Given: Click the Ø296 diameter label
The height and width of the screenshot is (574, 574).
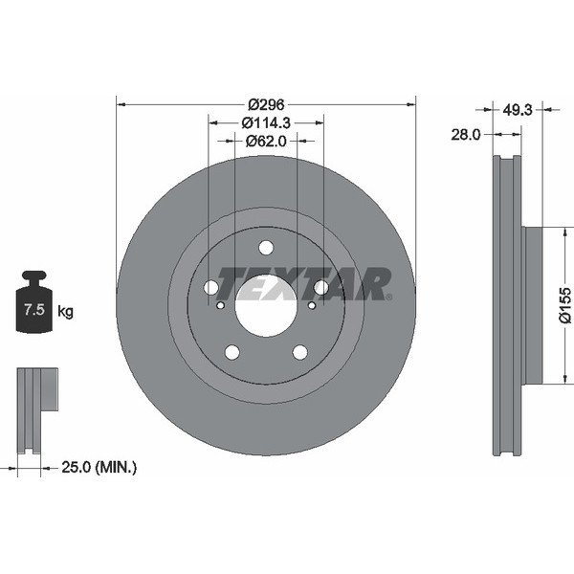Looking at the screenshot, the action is point(266,105).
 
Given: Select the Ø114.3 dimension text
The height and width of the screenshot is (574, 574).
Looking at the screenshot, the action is point(266,123).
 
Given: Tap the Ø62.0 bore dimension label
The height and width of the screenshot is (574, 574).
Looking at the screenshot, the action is point(266,141).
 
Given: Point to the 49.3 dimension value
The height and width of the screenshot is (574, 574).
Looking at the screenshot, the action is point(517,109).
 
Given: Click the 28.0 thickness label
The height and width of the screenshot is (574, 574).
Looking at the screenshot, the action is point(465,135).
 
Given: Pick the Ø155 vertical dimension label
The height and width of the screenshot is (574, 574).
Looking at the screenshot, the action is point(564,305).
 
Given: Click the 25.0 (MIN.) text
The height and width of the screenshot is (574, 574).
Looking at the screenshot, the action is point(99,467).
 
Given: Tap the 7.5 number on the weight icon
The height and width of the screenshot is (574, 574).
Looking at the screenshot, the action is point(34,310).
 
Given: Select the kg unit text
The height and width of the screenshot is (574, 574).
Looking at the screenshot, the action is point(65,312).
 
